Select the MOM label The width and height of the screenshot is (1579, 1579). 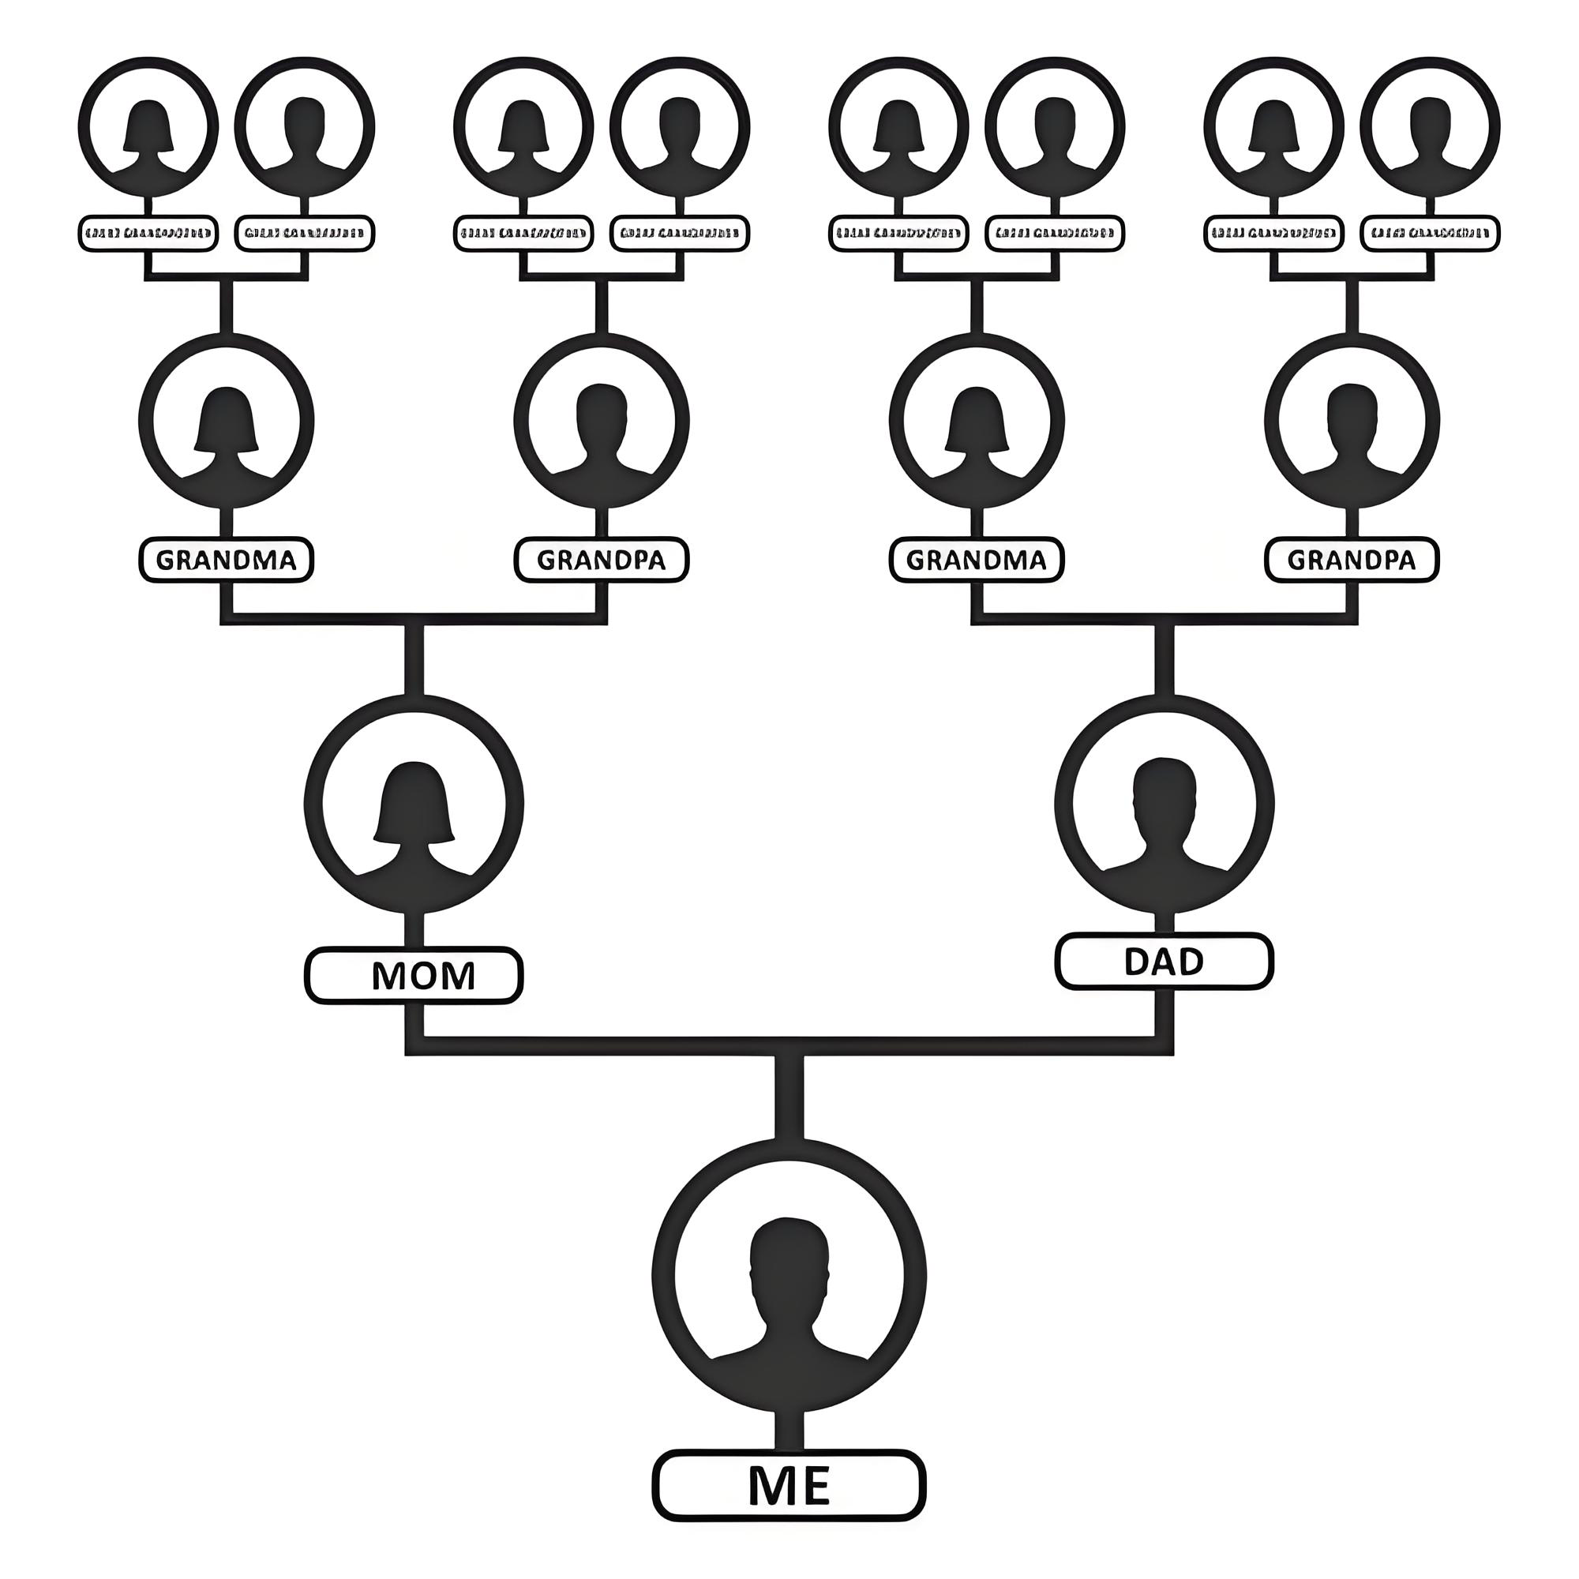coord(414,975)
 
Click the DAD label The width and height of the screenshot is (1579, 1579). coord(1164,961)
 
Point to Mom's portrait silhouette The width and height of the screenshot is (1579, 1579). coord(414,817)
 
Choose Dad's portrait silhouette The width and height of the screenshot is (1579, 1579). coord(1164,817)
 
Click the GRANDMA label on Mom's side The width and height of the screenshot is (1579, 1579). coord(226,560)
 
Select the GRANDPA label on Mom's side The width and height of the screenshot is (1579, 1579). coord(602,560)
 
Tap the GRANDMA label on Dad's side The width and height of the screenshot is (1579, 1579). coord(977,560)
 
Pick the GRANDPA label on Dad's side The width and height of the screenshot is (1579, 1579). coord(1352,560)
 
